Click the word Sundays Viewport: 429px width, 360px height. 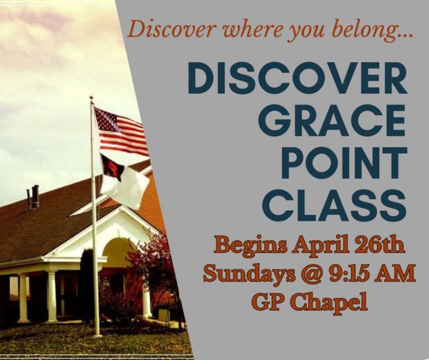click(x=237, y=274)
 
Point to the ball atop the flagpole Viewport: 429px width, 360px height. click(x=91, y=98)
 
